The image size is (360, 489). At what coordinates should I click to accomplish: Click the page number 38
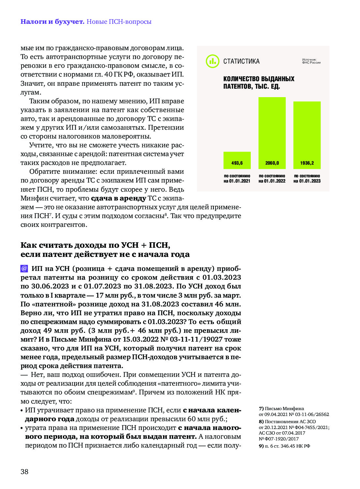pos(24,471)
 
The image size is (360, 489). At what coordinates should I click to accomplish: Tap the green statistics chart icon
pos(212,61)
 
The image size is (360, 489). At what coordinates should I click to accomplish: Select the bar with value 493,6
pos(237,160)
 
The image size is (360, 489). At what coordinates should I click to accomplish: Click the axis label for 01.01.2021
pos(237,179)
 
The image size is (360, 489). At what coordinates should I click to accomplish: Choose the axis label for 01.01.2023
pos(307,179)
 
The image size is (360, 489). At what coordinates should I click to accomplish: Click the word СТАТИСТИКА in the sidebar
pos(241,61)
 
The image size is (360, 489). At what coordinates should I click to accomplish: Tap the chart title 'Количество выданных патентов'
pos(259,82)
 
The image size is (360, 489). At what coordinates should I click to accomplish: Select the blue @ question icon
pos(24,268)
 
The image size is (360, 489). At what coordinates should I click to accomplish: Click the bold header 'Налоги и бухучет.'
pos(52,22)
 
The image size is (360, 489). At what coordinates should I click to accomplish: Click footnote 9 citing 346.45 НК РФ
pos(284,446)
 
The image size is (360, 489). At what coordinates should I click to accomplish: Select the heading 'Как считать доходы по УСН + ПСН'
pos(95,245)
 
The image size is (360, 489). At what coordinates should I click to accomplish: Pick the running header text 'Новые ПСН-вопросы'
pos(119,22)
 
